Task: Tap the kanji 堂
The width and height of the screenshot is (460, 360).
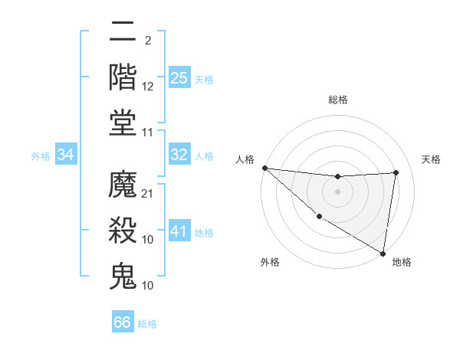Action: [123, 122]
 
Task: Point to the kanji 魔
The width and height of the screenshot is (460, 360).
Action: [123, 184]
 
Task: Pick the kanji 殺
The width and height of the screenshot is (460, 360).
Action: [123, 229]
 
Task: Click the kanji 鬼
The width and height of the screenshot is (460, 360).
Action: [123, 274]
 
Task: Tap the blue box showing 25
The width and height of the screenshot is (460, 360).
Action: [179, 77]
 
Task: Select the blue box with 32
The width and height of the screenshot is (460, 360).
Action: [179, 155]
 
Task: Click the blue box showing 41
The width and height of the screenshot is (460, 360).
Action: [179, 231]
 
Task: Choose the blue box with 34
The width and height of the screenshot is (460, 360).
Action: [66, 155]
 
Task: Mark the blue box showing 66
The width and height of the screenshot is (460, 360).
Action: [123, 322]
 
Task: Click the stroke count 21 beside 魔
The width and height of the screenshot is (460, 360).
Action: [148, 194]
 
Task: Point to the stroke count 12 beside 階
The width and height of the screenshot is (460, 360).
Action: [148, 87]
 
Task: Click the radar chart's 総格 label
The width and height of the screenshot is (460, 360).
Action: [337, 100]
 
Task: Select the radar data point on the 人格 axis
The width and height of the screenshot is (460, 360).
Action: [264, 168]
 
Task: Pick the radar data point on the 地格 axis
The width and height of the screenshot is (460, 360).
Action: [383, 253]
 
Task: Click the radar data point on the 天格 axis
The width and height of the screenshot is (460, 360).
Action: [396, 172]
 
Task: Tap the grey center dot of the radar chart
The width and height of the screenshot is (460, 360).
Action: [337, 191]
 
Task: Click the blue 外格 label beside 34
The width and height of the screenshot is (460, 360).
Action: [41, 156]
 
